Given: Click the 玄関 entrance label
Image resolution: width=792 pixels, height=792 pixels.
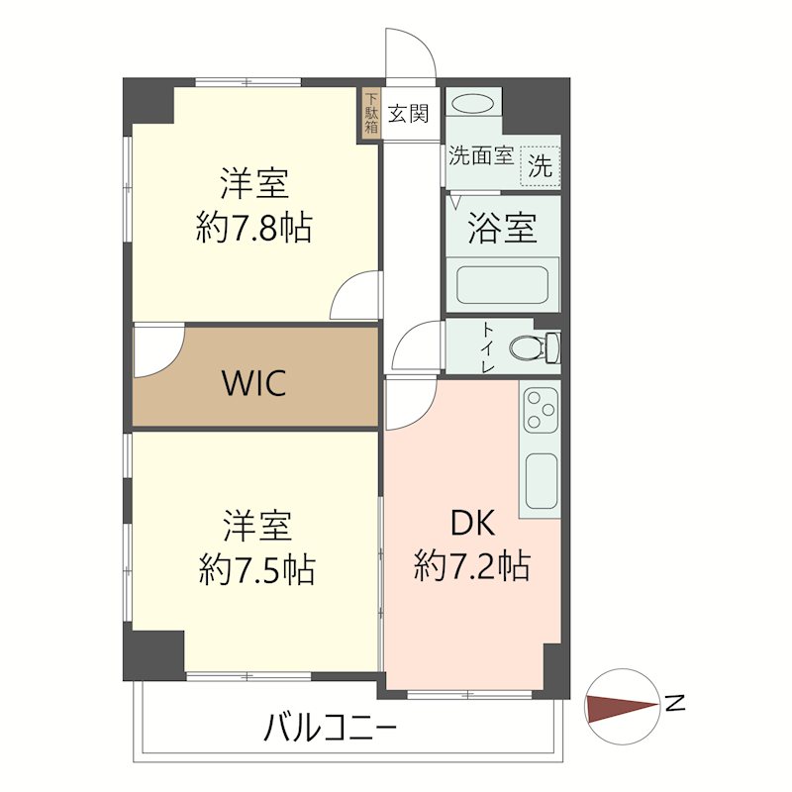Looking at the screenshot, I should point(408,114).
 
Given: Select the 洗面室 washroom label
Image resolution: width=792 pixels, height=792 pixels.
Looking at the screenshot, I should point(480,155).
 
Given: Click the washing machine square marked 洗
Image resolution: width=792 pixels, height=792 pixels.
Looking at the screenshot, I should point(540,165).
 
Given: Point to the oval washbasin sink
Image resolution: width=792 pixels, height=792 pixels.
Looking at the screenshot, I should point(473,104).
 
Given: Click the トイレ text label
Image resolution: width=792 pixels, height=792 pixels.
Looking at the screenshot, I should point(488,347).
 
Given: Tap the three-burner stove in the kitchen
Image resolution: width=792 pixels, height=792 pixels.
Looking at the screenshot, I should point(541,408).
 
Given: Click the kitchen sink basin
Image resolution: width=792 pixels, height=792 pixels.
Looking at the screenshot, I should point(542,481).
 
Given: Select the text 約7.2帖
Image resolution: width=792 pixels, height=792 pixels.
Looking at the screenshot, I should point(471,566).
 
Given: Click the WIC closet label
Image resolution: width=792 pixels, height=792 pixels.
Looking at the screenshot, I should point(254,382).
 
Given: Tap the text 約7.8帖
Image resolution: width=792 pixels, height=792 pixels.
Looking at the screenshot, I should point(254,228).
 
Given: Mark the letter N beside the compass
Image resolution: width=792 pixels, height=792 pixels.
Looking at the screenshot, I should point(676,704).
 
